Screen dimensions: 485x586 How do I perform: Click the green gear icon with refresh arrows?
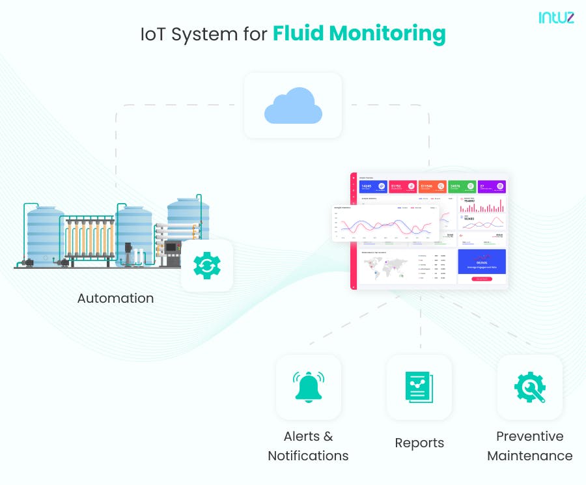coord(206,265)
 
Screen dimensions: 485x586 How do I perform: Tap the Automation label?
coord(115,298)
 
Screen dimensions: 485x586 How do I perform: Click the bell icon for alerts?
coord(308,387)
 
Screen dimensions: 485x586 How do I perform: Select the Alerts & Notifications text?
coord(308,446)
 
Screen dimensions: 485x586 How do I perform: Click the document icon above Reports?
coord(419,387)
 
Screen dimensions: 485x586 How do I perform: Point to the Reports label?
coord(419,443)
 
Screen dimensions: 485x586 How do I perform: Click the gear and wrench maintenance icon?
coord(529,387)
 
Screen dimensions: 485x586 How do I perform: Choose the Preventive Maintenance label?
coord(529,446)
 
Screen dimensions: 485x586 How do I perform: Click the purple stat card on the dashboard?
coord(491,187)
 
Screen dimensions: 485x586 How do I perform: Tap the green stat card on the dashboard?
coord(462,187)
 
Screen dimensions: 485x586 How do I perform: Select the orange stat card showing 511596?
coord(432,187)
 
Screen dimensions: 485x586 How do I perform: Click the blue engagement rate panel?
coord(481,265)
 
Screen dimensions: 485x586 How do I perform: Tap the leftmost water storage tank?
coord(46,234)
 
